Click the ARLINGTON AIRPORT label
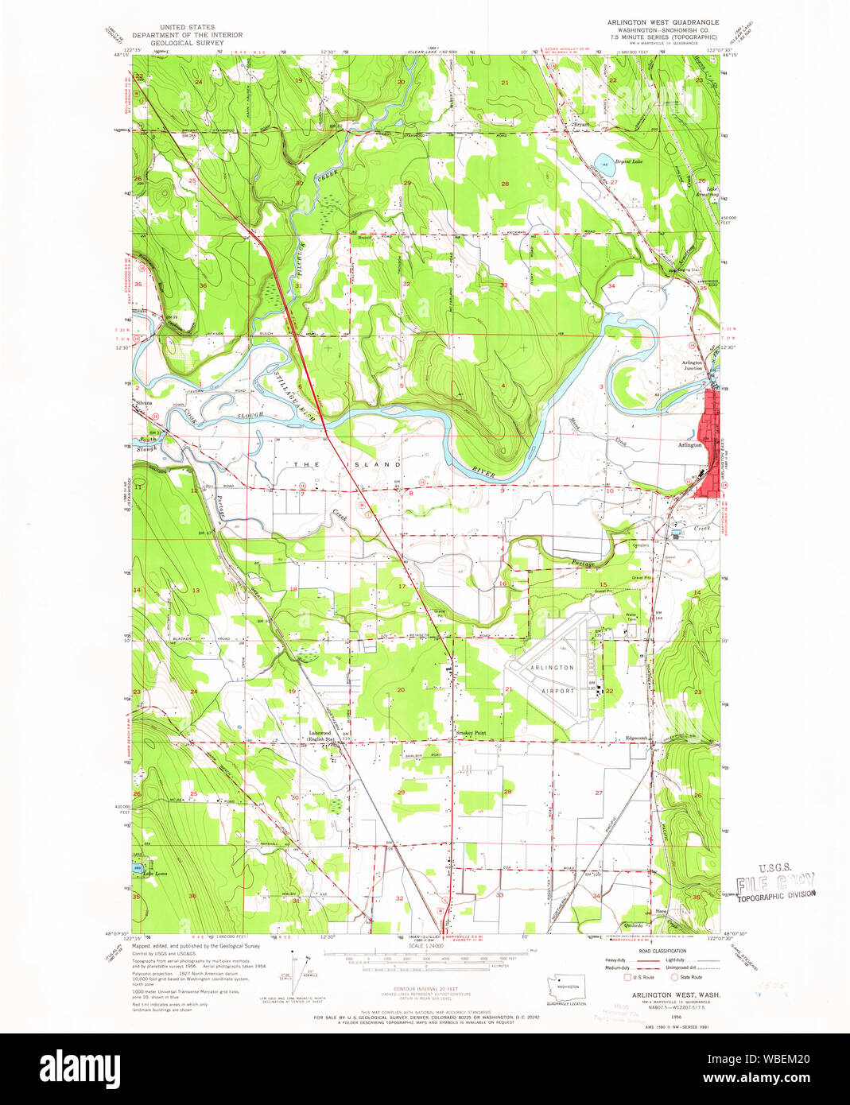coord(552,679)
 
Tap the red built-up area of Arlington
coord(707,445)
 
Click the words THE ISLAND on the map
coord(347,463)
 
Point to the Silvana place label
coord(144,403)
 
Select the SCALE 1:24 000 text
coord(427,945)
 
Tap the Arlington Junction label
coord(691,365)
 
